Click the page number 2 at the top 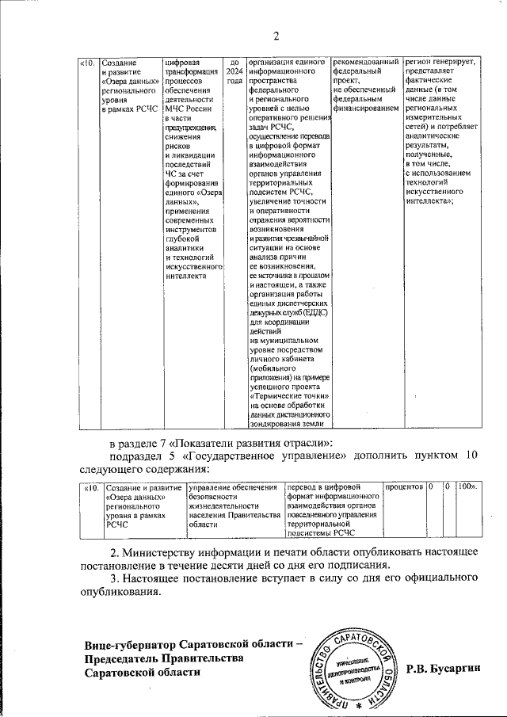point(276,34)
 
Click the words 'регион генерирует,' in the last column point(440,62)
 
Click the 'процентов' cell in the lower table point(403,486)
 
